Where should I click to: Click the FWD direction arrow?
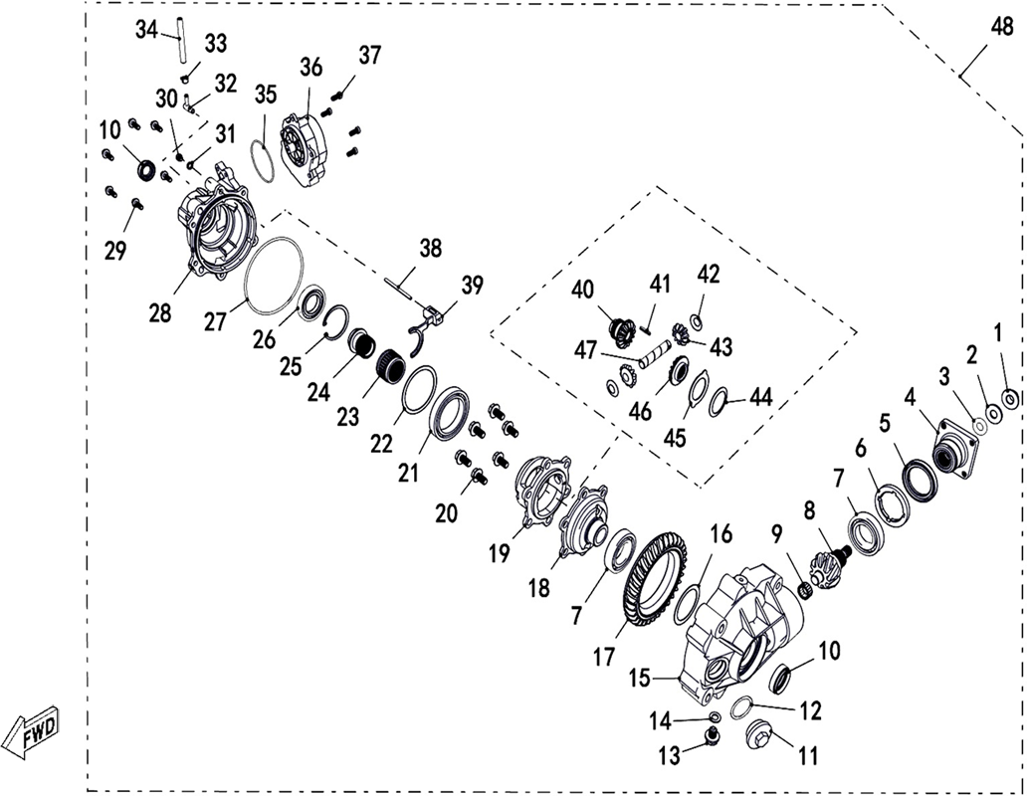tap(32, 731)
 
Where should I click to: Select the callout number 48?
tap(1002, 27)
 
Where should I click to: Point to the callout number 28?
tap(160, 312)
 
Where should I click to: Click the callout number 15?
tap(639, 678)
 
